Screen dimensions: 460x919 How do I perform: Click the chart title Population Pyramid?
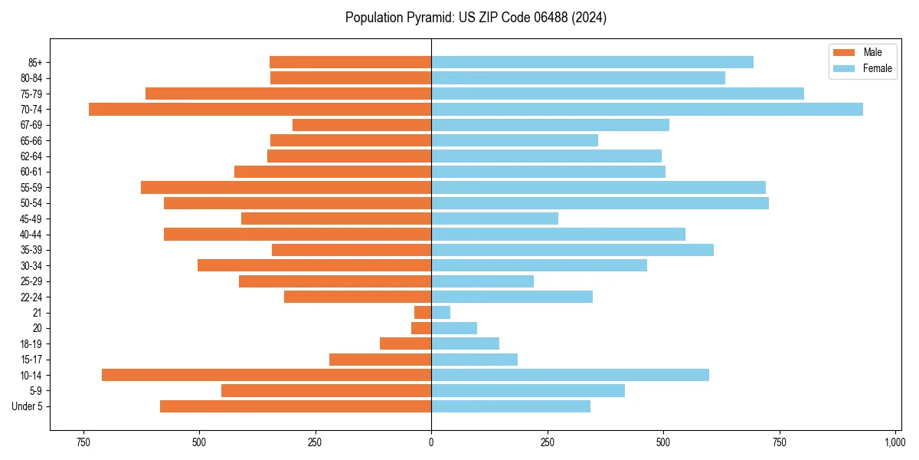tap(476, 18)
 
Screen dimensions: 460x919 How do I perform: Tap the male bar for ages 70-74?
tap(260, 109)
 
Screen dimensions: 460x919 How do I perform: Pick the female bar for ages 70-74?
tap(647, 109)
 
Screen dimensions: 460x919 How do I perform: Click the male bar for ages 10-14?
tap(267, 375)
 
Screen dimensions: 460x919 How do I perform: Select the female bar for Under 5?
tap(511, 406)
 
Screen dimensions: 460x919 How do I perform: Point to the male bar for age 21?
tap(423, 313)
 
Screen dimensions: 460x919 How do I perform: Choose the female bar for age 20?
tap(454, 328)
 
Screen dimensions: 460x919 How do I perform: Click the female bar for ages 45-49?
tap(495, 219)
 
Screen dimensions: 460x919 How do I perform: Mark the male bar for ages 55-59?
tap(286, 187)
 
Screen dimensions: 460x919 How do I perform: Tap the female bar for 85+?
tap(592, 62)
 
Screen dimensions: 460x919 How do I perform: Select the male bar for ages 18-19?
tap(405, 343)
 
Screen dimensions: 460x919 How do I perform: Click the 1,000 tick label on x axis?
tap(895, 442)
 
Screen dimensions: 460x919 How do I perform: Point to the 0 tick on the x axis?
tap(431, 442)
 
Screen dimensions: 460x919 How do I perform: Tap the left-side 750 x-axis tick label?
tap(83, 442)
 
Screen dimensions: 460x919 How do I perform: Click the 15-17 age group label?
tap(31, 360)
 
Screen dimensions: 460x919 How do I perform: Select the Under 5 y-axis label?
tap(28, 406)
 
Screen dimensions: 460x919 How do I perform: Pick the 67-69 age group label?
tap(31, 125)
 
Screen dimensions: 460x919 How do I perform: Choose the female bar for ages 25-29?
tap(482, 281)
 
